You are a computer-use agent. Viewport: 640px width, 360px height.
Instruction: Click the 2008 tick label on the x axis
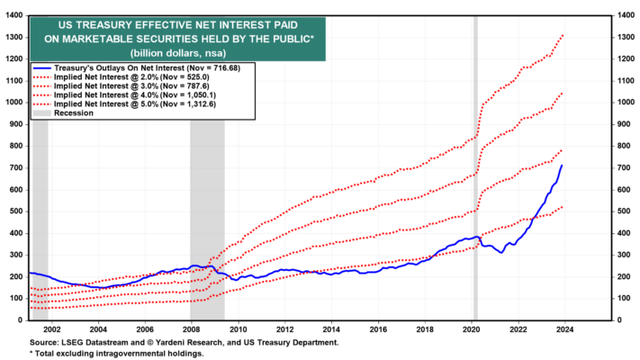pos(191,329)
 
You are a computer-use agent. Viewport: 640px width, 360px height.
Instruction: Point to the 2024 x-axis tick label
pos(564,329)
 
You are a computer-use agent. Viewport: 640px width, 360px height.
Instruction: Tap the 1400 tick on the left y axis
pos(14,15)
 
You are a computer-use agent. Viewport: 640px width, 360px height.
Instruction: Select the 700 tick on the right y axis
pos(623,167)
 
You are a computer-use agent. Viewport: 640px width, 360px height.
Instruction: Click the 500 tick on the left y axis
pos(16,211)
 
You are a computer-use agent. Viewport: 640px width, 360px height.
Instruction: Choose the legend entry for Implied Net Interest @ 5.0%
pos(124,104)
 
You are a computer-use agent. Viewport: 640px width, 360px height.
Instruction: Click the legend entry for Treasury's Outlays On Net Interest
pos(136,68)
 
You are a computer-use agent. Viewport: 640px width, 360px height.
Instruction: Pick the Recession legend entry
pos(63,113)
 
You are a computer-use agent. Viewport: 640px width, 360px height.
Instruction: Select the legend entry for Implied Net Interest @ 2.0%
pos(121,77)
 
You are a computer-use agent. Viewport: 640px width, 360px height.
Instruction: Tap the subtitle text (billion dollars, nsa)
pos(178,53)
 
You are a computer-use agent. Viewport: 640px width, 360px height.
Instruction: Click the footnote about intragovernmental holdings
pos(116,354)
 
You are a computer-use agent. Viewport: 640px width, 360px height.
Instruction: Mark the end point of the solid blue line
pos(562,166)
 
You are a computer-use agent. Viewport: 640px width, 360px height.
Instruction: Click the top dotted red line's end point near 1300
pos(563,36)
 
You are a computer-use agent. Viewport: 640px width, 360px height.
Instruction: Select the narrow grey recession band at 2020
pos(475,167)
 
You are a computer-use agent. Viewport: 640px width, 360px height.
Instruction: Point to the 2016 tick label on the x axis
pos(378,329)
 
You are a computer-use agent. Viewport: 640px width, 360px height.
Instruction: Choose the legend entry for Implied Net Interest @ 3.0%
pos(121,86)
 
